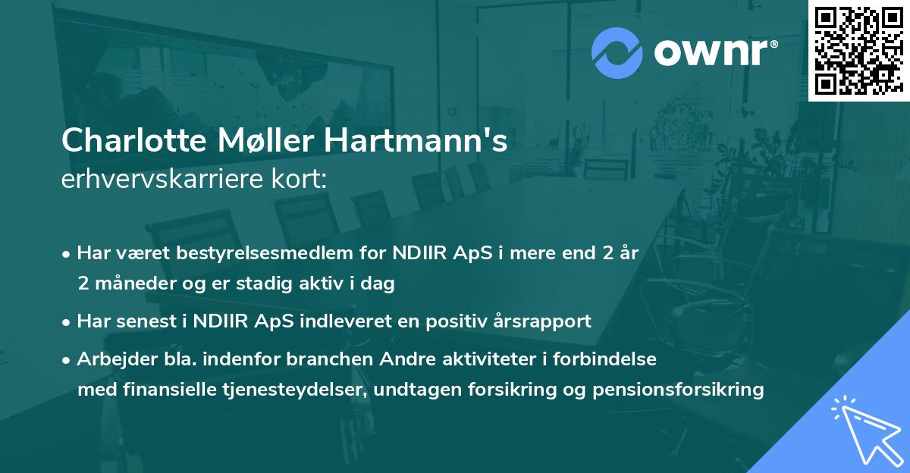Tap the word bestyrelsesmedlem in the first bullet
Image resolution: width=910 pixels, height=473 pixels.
[x=255, y=252]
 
